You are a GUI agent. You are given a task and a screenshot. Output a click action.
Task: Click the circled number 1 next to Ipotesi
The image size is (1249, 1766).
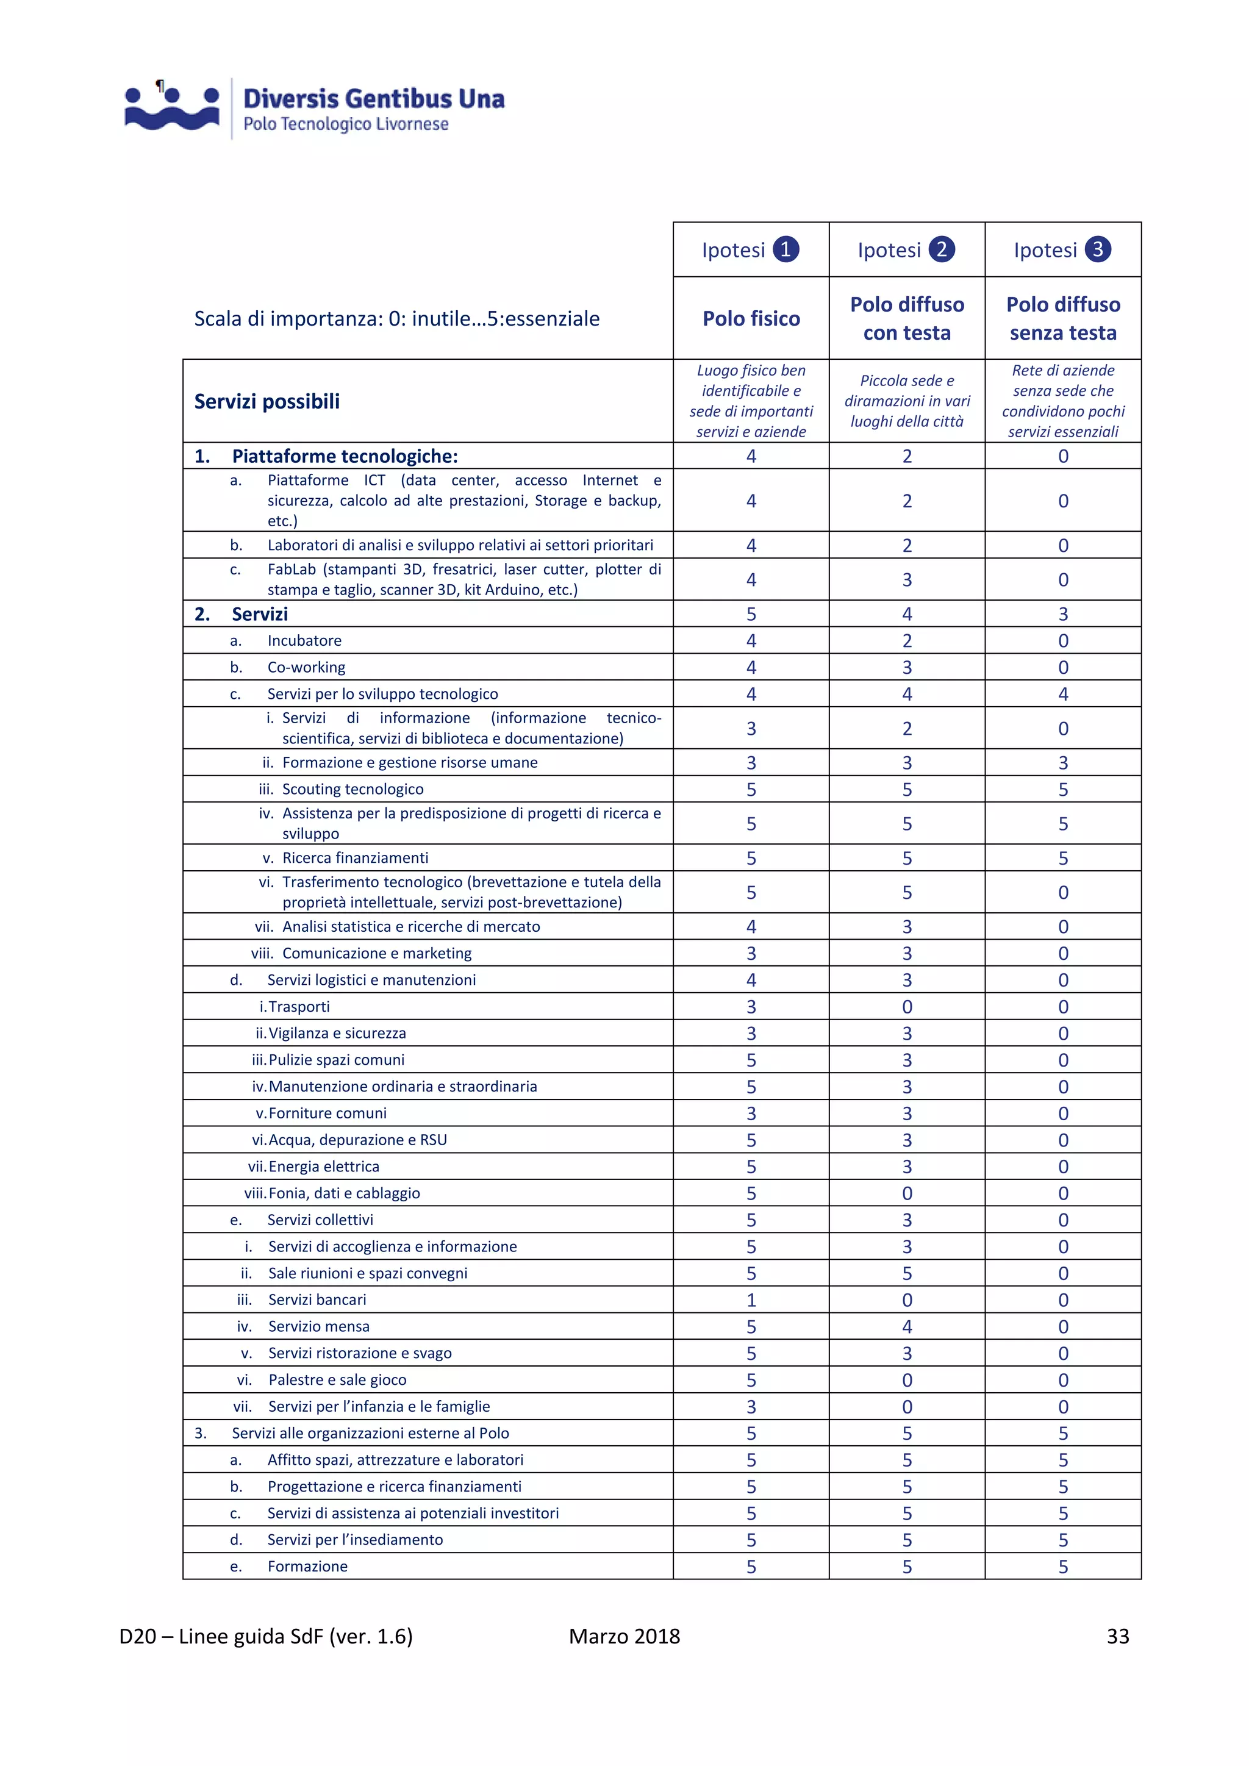pyautogui.click(x=786, y=249)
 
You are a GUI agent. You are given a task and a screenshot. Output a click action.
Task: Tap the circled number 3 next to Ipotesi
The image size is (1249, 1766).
pyautogui.click(x=1098, y=249)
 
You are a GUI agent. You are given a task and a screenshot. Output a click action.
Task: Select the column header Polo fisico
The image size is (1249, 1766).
pyautogui.click(x=751, y=318)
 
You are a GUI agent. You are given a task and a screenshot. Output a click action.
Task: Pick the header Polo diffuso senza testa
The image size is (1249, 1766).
pyautogui.click(x=1063, y=318)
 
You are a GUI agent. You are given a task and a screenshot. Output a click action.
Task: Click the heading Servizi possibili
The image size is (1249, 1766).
pyautogui.click(x=267, y=401)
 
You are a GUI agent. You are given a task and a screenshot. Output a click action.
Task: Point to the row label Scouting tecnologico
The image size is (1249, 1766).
pyautogui.click(x=353, y=789)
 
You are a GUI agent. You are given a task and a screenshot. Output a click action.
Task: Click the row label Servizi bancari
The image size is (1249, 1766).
pyautogui.click(x=317, y=1300)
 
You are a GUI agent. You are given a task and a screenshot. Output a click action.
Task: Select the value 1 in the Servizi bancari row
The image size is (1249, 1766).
pyautogui.click(x=751, y=1300)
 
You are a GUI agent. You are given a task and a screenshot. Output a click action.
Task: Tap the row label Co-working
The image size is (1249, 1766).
pyautogui.click(x=306, y=668)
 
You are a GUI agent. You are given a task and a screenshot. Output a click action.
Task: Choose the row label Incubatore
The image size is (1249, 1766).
pyautogui.click(x=304, y=641)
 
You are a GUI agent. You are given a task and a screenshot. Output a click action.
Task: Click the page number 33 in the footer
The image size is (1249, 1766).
pyautogui.click(x=1117, y=1636)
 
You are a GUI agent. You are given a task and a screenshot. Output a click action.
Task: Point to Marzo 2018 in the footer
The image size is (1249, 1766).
pyautogui.click(x=624, y=1636)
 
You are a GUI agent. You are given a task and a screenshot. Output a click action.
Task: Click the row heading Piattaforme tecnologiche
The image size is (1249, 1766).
pyautogui.click(x=344, y=456)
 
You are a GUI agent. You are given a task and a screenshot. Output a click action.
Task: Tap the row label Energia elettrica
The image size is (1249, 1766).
pyautogui.click(x=324, y=1167)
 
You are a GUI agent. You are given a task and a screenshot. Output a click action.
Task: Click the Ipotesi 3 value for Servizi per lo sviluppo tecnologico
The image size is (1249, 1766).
pyautogui.click(x=1063, y=695)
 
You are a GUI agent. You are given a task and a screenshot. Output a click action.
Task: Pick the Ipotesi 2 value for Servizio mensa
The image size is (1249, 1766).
pyautogui.click(x=907, y=1327)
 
